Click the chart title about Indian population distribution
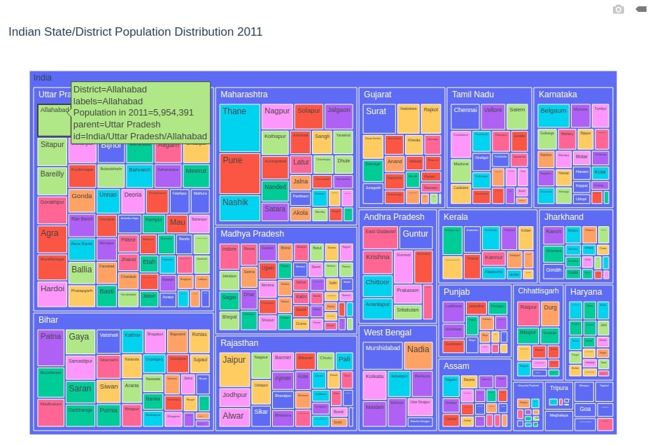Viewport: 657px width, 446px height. point(135,32)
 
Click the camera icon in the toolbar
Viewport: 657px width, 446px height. point(618,9)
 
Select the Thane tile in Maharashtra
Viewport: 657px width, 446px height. point(239,127)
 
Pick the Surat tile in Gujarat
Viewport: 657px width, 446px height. point(379,119)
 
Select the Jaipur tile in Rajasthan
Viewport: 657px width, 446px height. point(234,370)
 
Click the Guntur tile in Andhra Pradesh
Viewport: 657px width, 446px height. point(416,242)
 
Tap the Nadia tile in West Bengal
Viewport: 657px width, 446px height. point(418,355)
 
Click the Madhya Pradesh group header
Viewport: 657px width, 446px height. point(252,234)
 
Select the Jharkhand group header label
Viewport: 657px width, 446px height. point(564,217)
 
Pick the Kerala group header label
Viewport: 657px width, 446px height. point(455,217)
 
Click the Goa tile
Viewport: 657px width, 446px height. point(585,409)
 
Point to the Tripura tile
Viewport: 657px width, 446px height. point(558,388)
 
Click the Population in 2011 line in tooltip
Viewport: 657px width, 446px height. point(133,113)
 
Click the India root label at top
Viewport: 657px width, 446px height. point(43,78)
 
